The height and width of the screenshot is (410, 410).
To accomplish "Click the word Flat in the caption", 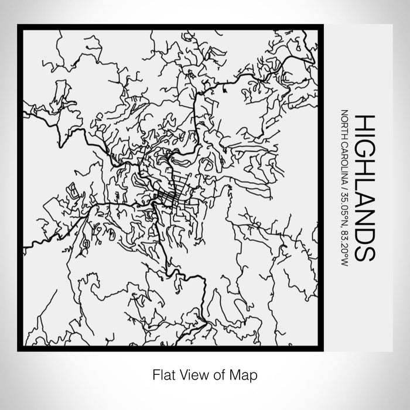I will [163, 373].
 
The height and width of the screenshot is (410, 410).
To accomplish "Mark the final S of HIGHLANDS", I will [363, 254].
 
